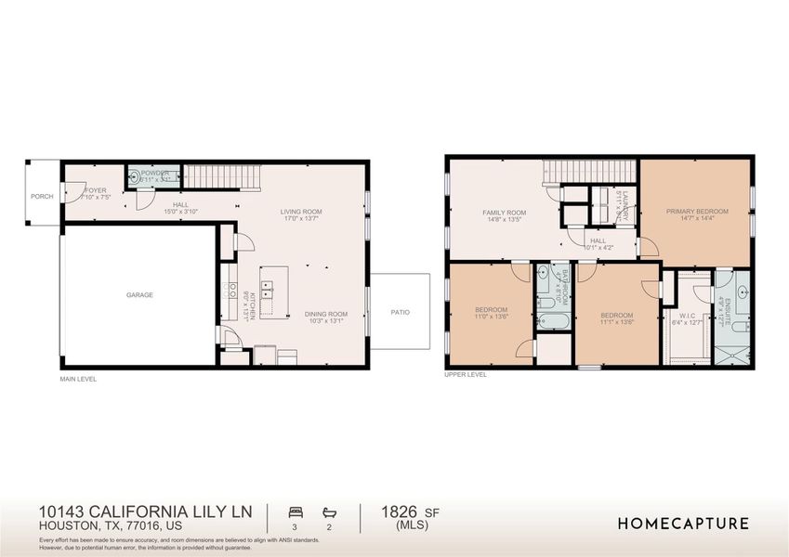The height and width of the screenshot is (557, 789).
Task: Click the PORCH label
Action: click(x=42, y=196)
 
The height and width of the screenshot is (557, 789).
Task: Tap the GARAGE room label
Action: click(x=139, y=295)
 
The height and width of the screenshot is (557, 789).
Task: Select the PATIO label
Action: click(x=400, y=312)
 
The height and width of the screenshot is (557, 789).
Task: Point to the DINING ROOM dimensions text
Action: click(x=326, y=322)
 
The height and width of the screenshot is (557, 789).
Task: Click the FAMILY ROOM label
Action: click(x=504, y=213)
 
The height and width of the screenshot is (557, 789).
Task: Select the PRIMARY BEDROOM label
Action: click(x=697, y=212)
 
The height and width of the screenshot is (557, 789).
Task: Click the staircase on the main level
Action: click(x=214, y=175)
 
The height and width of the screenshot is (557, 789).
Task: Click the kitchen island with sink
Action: click(x=273, y=287)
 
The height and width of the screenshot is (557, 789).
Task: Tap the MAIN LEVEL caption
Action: click(x=77, y=379)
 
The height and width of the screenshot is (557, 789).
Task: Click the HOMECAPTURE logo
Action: click(x=683, y=524)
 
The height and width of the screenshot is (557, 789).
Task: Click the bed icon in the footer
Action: click(x=296, y=512)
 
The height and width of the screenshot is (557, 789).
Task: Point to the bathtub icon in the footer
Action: click(x=330, y=512)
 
